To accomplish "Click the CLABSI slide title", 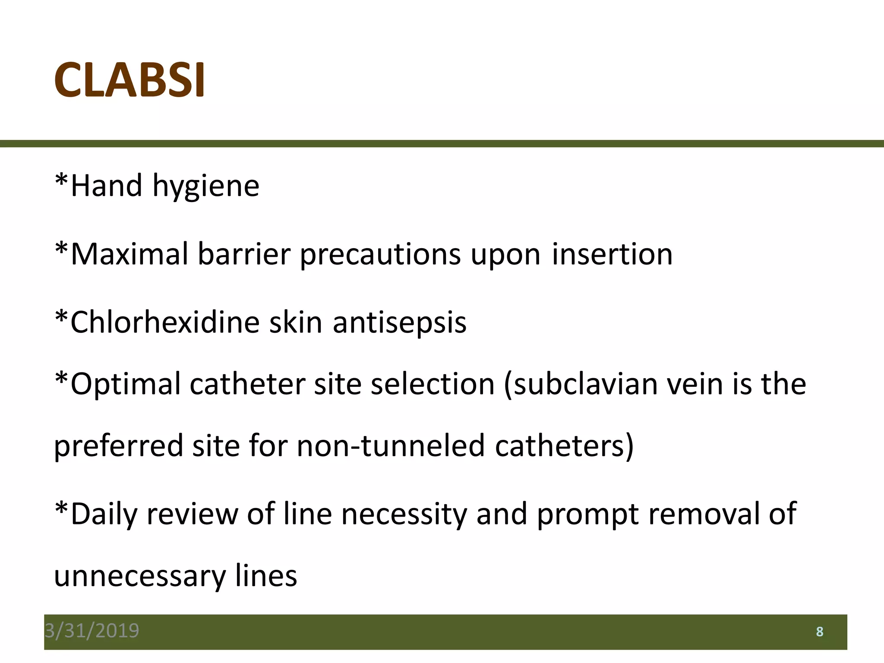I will coord(129,80).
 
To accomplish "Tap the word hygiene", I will coord(205,186).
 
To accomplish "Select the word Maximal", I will coord(129,254).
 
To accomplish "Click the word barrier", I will coord(244,254).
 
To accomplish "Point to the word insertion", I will coord(612,254).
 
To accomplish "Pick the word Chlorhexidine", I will coord(164,322).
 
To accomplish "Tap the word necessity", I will coord(404,515).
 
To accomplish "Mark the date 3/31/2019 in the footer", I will coord(92,631).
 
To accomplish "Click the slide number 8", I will coord(820,632).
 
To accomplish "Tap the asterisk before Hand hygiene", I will coord(62,180).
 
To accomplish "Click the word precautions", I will coord(380,255).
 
